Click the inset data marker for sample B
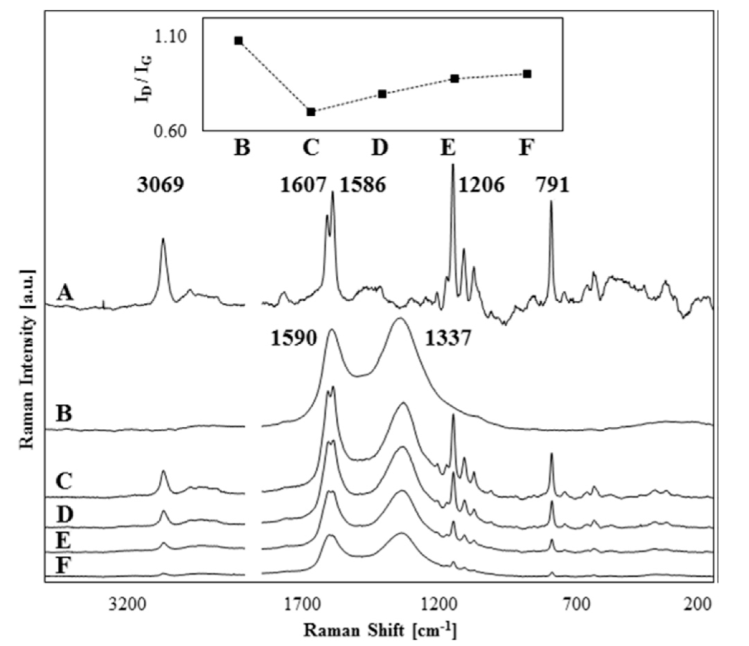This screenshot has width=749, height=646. pos(238,40)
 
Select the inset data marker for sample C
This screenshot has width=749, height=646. pos(311,112)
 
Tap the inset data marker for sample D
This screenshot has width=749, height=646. pos(383,94)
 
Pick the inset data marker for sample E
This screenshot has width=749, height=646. pos(455,78)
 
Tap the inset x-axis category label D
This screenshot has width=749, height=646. pos(380,148)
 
